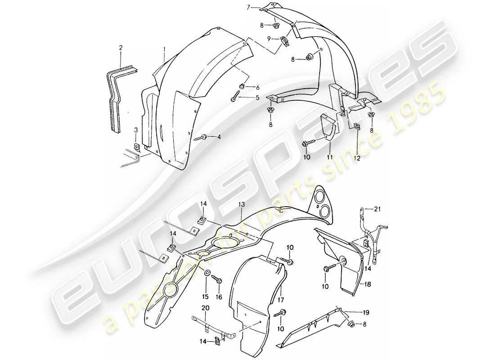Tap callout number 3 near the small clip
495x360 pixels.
[136, 131]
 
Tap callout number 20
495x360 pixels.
[206, 308]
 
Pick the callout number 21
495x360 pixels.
[378, 208]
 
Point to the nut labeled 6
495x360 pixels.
[242, 86]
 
